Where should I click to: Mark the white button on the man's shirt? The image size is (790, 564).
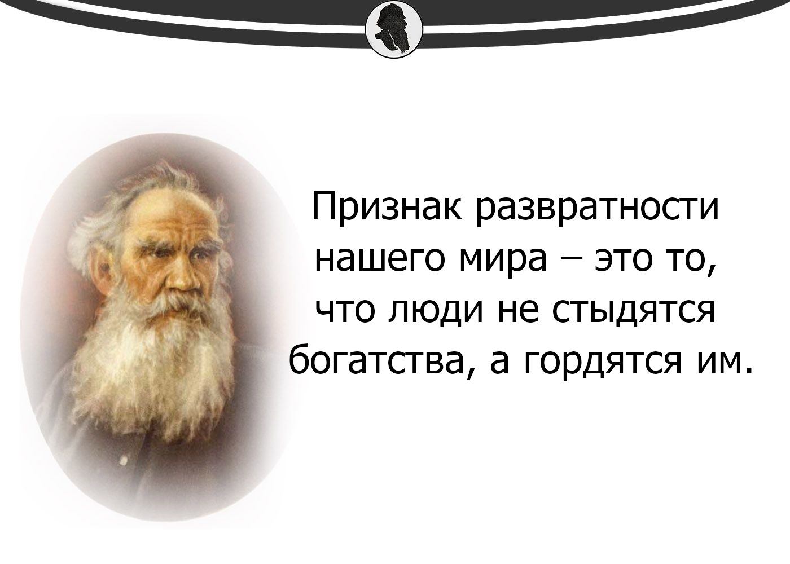pos(123,460)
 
